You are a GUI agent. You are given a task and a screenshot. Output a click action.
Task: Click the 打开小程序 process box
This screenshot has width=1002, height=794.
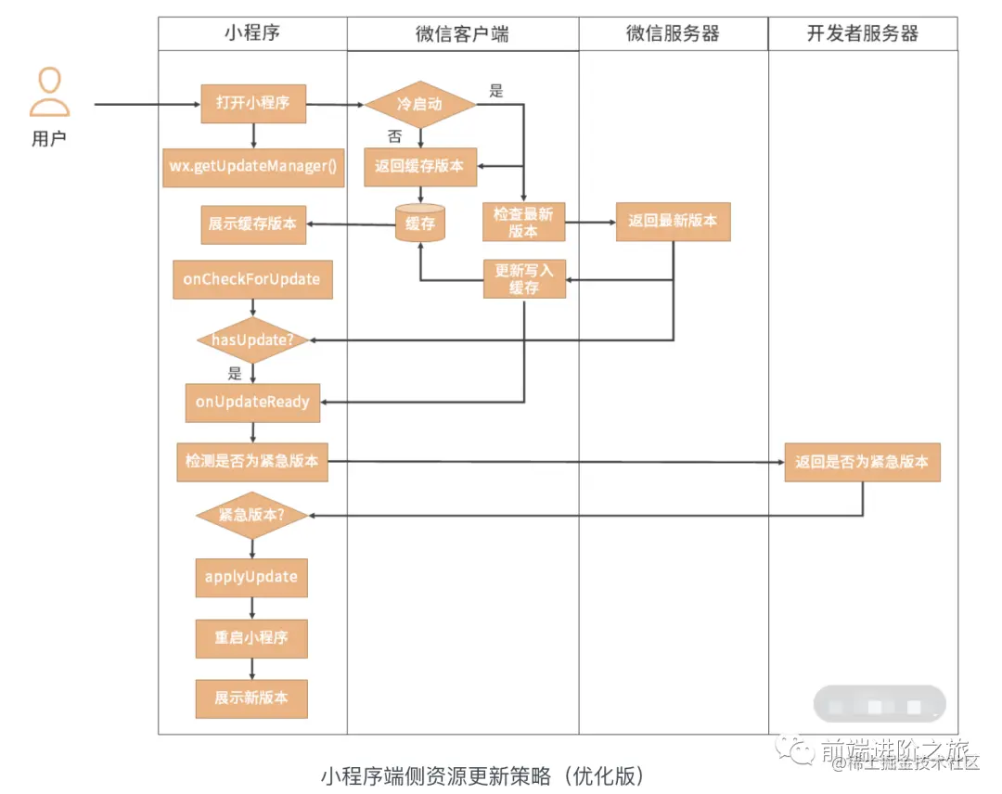[x=253, y=103]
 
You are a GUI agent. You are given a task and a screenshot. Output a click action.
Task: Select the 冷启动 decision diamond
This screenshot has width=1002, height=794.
[x=419, y=104]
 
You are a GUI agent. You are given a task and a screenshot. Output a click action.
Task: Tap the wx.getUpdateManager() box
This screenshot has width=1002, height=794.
[x=252, y=166]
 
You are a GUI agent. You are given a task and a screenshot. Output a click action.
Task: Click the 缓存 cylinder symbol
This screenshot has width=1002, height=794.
[x=419, y=224]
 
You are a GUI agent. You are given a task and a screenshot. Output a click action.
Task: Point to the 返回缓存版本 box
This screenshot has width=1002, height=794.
[x=419, y=167]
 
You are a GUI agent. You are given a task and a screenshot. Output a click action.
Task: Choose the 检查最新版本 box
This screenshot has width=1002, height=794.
[x=523, y=223]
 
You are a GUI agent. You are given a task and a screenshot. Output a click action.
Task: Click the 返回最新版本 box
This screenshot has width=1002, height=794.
[x=673, y=222]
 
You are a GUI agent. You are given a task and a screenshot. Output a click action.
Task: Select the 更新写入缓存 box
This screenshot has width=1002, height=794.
[x=524, y=278]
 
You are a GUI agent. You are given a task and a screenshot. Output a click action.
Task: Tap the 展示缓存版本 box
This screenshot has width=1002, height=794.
[x=254, y=224]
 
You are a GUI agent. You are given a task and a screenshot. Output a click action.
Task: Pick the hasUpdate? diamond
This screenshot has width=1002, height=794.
[x=252, y=340]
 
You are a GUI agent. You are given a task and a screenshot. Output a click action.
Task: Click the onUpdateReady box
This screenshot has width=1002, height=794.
[x=252, y=403]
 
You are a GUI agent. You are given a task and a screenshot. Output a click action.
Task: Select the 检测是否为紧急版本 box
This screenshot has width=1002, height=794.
[x=252, y=461]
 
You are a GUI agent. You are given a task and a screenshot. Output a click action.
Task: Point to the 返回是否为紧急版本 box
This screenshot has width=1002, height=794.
[x=862, y=461]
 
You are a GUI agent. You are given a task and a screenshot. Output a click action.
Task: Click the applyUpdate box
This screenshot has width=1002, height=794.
[x=251, y=577]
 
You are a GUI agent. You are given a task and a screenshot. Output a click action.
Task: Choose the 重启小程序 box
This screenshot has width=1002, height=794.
[x=251, y=638]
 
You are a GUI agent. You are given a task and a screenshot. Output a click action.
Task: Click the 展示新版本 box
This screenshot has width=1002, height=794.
[x=251, y=698]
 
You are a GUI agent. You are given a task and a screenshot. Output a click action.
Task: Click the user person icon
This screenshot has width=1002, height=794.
[x=49, y=93]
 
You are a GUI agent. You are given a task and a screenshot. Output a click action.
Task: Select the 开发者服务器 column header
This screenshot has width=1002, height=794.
[x=862, y=34]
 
